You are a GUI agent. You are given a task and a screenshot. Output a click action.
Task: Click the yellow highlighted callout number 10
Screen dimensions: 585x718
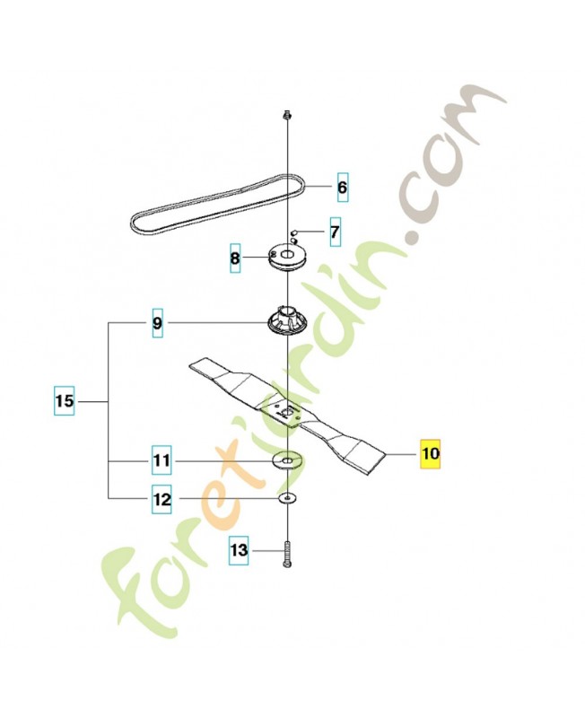(431, 454)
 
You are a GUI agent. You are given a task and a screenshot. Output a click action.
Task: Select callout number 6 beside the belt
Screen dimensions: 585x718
(343, 188)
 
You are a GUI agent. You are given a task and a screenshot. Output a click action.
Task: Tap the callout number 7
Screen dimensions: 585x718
(335, 232)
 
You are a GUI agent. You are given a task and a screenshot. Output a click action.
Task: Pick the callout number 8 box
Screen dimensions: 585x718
(235, 258)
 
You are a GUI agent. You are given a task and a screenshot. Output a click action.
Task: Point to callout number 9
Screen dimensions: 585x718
(157, 323)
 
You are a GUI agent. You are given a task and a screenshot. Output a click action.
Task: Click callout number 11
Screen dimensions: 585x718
(162, 460)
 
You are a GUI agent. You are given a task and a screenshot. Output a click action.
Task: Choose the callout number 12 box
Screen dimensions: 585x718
(162, 499)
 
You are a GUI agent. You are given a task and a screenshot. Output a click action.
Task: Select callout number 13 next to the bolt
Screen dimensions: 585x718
(239, 549)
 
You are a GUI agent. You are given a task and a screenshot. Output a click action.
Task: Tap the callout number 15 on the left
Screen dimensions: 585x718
(64, 401)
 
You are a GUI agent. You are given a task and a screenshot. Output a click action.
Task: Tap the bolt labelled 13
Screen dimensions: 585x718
(287, 555)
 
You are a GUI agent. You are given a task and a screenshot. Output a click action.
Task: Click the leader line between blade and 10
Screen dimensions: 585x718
(401, 454)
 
